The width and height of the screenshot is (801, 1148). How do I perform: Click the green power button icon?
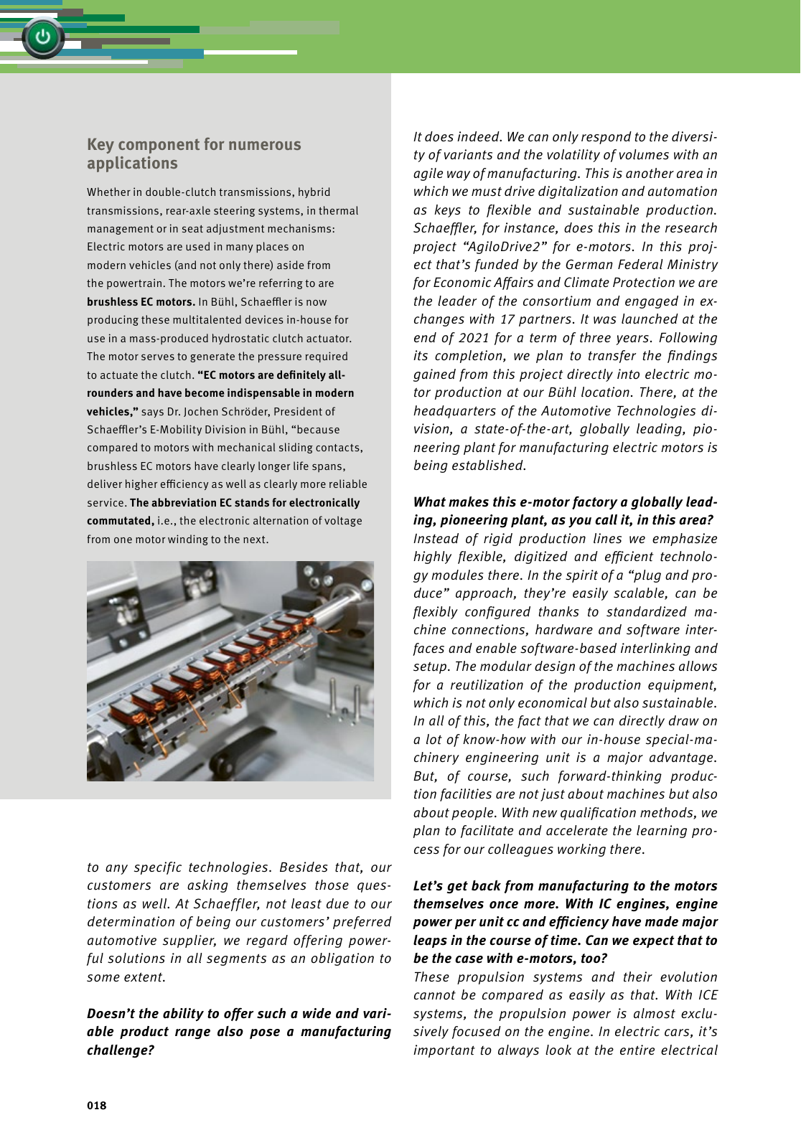[x=42, y=37]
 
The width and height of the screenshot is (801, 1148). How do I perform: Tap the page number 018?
[x=97, y=1106]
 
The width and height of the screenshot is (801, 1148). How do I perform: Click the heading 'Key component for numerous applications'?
[x=194, y=154]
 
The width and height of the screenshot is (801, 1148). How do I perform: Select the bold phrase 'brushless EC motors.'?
[x=141, y=302]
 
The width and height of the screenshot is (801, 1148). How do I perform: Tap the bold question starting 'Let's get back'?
[x=565, y=922]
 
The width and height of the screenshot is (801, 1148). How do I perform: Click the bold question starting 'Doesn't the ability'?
[x=238, y=1032]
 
